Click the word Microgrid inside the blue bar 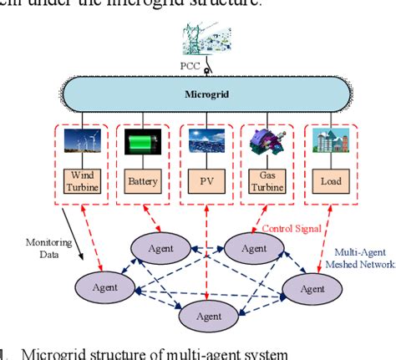point(206,94)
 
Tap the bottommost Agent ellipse point(209,317)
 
